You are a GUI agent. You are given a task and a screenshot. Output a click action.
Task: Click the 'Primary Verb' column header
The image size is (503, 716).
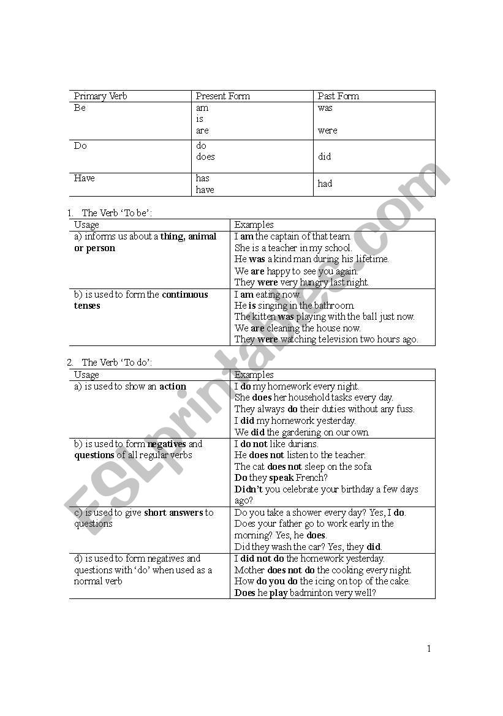(x=100, y=96)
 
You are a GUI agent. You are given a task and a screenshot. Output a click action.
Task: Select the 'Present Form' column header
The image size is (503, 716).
(x=222, y=96)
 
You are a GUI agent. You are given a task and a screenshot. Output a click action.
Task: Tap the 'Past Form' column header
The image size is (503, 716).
(x=338, y=96)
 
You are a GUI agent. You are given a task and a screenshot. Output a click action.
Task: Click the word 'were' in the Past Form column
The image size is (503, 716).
(x=327, y=130)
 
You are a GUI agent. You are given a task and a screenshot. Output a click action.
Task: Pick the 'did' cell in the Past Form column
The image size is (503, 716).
(x=325, y=157)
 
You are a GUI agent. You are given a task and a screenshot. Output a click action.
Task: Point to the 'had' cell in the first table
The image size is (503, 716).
(x=325, y=184)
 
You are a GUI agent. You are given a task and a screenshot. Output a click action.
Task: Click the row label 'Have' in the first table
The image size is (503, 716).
(x=85, y=178)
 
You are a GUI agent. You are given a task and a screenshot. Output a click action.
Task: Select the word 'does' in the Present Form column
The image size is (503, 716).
(x=205, y=157)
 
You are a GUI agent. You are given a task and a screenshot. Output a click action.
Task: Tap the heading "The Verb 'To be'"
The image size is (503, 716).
(x=117, y=213)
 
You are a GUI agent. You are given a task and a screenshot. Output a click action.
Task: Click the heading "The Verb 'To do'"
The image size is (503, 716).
(x=117, y=363)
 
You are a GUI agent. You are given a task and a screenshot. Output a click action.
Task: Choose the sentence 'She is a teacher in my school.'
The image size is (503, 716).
(x=293, y=248)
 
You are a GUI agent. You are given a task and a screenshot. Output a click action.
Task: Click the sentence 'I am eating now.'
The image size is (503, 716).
(x=267, y=295)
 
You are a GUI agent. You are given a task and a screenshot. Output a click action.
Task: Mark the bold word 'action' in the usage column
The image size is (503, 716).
(x=173, y=386)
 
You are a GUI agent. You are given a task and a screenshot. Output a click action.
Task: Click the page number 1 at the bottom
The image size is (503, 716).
(x=429, y=649)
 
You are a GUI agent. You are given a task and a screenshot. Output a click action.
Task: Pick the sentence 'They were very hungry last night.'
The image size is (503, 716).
(x=301, y=282)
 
